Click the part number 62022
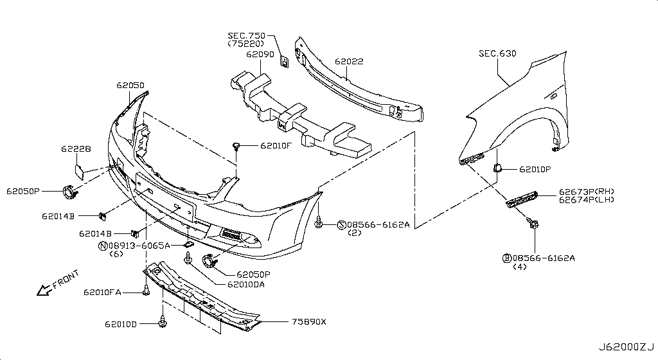pos(349,62)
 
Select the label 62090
pos(260,55)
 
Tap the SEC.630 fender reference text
pos(497,53)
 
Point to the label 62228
pos(76,148)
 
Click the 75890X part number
pos(309,323)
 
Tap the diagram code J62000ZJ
pos(628,348)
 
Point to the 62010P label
pos(531,170)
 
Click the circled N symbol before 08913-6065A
pos(102,246)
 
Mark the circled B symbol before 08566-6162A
pos(506,258)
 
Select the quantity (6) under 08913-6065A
pos(116,254)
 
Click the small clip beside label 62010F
pos(238,146)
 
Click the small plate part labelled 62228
pos(82,170)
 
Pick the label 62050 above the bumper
pos(130,85)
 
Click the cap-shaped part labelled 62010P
pos(497,168)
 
